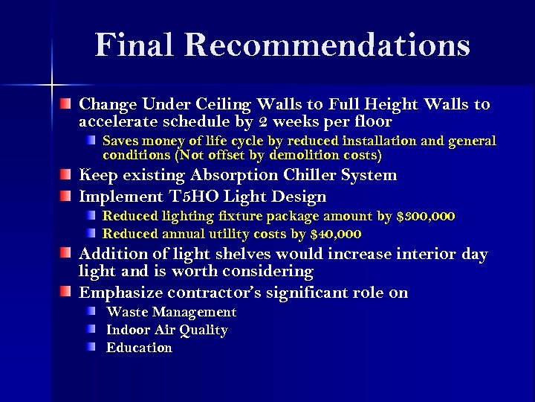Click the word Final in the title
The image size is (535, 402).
pos(134,45)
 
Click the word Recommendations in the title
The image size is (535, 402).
pos(327,45)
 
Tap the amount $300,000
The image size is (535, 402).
pos(427,216)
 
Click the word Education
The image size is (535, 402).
pos(139,348)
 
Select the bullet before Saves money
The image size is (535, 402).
pos(91,140)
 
